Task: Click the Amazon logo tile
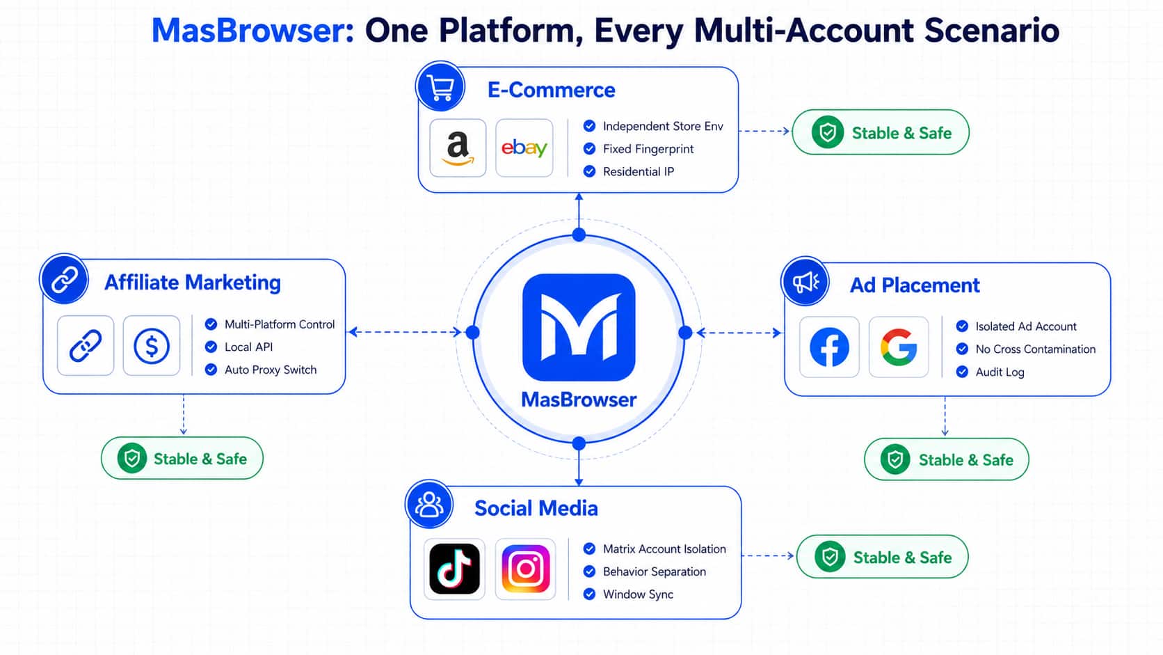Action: pos(458,148)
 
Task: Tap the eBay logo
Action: pos(524,148)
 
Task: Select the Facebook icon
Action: pos(829,347)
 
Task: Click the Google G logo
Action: pos(899,347)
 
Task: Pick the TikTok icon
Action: pos(455,569)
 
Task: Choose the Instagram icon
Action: pos(525,569)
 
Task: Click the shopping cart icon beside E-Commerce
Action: pos(440,86)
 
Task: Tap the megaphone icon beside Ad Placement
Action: pos(805,282)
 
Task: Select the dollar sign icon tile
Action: pos(152,345)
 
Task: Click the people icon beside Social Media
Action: pos(429,504)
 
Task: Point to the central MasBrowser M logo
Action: pos(579,327)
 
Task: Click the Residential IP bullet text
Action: pos(638,172)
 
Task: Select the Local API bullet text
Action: pos(248,347)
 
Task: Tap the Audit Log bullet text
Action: pos(1000,372)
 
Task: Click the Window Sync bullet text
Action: pos(638,594)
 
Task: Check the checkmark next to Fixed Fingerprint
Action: pos(589,148)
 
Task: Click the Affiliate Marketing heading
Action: pos(193,283)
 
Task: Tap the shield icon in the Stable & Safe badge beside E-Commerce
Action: pos(828,132)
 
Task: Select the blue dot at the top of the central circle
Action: pos(579,235)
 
